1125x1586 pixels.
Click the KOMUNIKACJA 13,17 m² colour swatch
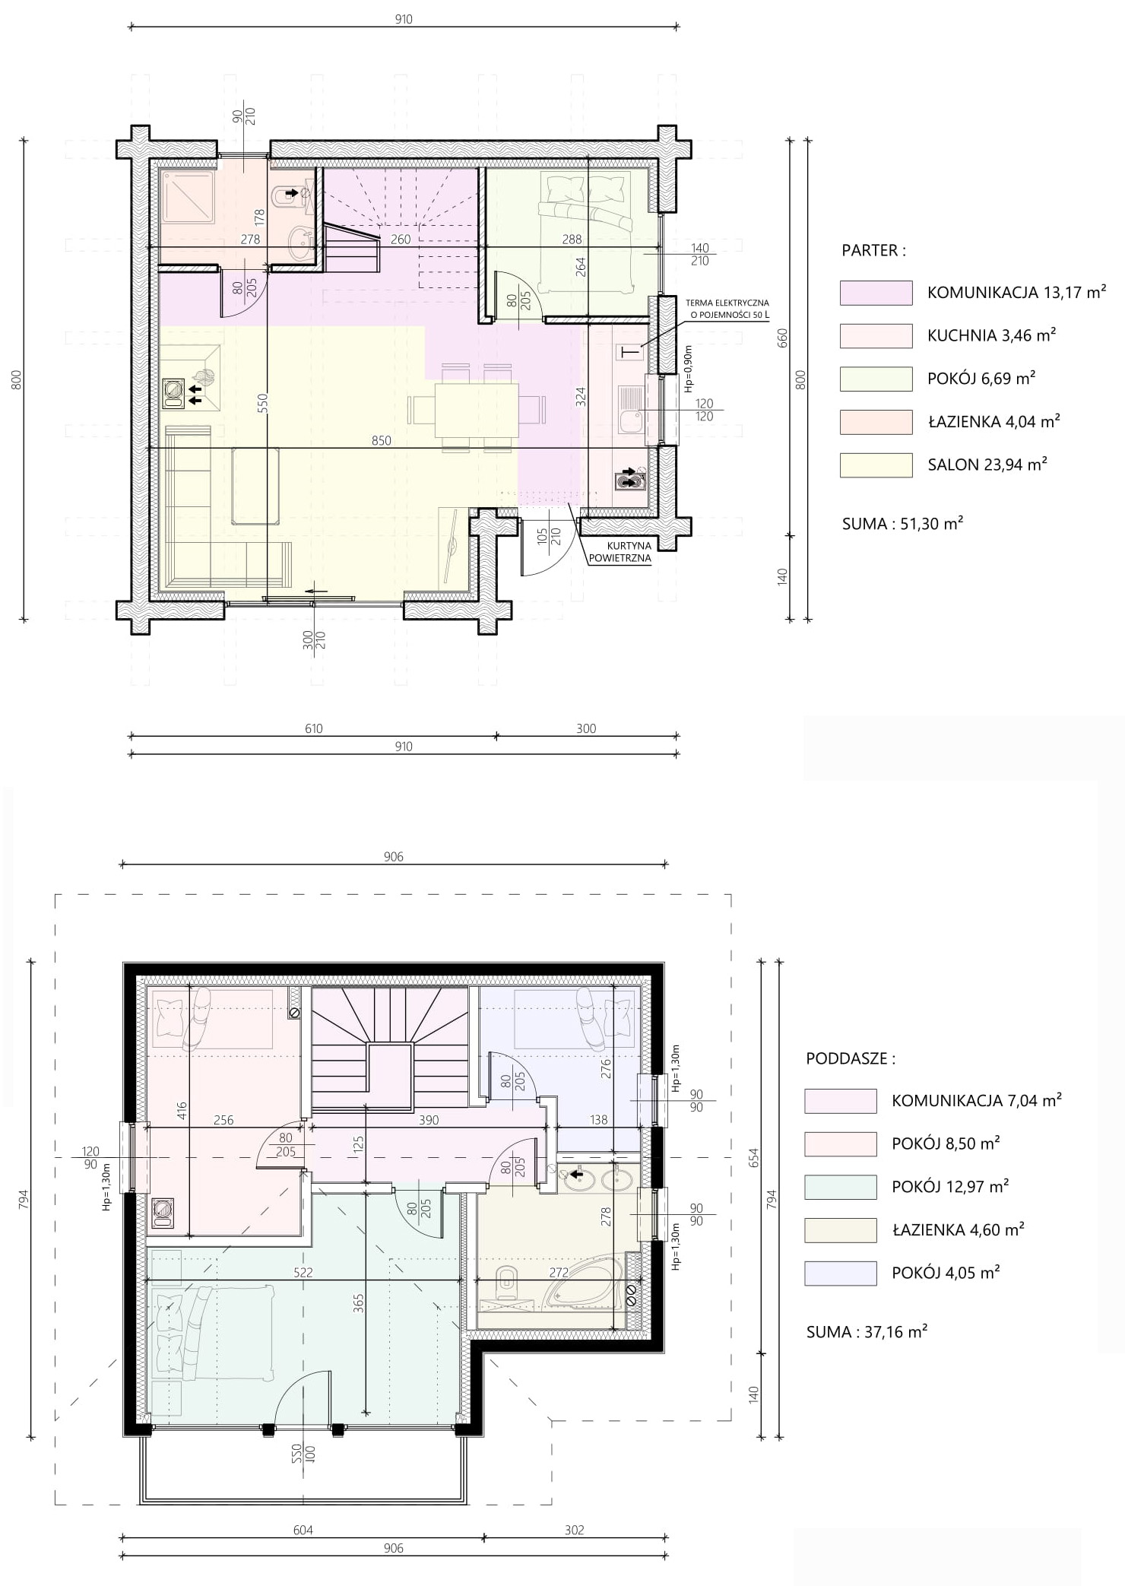pyautogui.click(x=876, y=293)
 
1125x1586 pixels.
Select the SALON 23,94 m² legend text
pyautogui.click(x=987, y=465)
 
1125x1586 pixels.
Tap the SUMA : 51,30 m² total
pyautogui.click(x=903, y=523)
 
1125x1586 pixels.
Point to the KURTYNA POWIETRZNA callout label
pyautogui.click(x=620, y=551)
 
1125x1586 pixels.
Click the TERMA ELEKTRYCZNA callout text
pyautogui.click(x=727, y=303)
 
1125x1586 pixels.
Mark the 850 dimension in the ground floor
pyautogui.click(x=382, y=440)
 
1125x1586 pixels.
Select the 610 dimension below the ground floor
pyautogui.click(x=314, y=728)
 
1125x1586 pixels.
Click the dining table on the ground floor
pyautogui.click(x=477, y=410)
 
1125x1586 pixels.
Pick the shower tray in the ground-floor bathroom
pyautogui.click(x=187, y=197)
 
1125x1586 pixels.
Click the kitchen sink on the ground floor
pyautogui.click(x=631, y=410)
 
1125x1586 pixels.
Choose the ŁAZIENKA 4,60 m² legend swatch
pyautogui.click(x=841, y=1230)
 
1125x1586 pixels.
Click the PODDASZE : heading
pyautogui.click(x=851, y=1058)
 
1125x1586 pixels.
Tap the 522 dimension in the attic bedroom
pyautogui.click(x=303, y=1272)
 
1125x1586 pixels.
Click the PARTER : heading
pyautogui.click(x=873, y=251)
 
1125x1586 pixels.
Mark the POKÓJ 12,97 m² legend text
pyautogui.click(x=950, y=1187)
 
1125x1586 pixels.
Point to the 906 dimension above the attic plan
pyautogui.click(x=394, y=857)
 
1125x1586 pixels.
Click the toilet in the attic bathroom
pyautogui.click(x=506, y=1280)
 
